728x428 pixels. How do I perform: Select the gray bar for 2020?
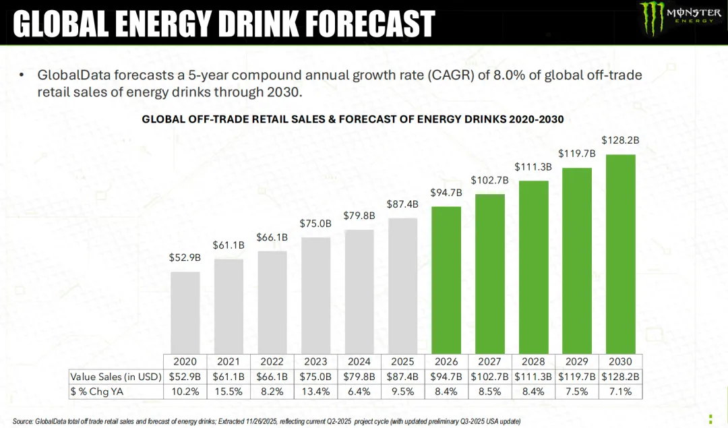185,312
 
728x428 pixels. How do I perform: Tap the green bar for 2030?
620,253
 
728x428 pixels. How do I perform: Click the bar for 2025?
403,285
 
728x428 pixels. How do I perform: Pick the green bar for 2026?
446,279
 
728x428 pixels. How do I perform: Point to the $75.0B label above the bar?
315,224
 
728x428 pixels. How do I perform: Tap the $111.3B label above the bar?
533,166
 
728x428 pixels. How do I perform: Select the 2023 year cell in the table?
315,361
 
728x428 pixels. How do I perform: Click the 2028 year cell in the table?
533,361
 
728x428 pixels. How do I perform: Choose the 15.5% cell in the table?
229,392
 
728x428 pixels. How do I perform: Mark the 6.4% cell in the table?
359,392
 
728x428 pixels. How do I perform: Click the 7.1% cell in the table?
620,392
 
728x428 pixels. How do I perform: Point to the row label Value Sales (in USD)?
115,376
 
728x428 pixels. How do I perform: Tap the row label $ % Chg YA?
98,392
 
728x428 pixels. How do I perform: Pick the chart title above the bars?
353,119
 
